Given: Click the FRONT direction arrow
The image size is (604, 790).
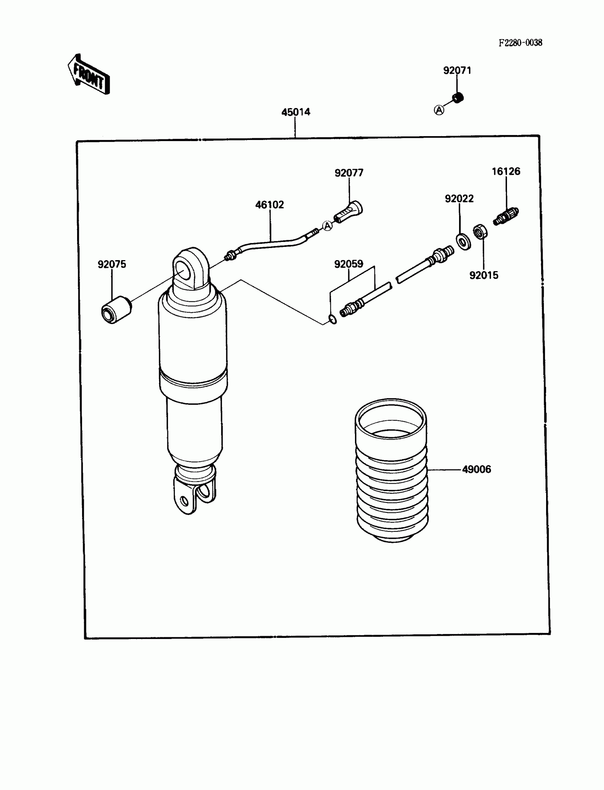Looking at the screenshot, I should [x=88, y=75].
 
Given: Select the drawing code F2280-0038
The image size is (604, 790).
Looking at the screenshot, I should [x=520, y=43].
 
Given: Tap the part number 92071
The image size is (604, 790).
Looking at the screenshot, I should [x=457, y=70].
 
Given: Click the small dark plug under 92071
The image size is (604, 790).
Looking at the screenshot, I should [x=458, y=97].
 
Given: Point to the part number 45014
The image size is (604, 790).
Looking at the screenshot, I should [x=296, y=112].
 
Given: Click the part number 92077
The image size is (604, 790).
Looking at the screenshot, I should [x=349, y=173].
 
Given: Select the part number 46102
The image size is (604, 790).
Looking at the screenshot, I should [x=269, y=205].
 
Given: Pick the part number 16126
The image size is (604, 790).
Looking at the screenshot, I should [x=506, y=172].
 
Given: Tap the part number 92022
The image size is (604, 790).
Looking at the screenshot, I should [x=459, y=199].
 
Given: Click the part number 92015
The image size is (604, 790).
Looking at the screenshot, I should [x=484, y=275].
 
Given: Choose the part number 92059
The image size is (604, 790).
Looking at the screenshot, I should [x=349, y=264].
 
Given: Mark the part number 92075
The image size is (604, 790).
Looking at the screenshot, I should [x=112, y=264].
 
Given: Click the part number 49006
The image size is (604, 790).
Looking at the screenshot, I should [x=476, y=469].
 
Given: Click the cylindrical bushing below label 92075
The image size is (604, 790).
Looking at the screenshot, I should [x=116, y=310].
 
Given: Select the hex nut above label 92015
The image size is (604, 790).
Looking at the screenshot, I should [x=480, y=232].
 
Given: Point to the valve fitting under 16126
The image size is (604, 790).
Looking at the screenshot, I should [x=506, y=216].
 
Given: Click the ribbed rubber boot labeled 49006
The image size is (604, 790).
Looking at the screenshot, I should [x=392, y=471].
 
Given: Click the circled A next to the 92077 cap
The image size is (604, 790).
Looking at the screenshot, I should [x=327, y=226].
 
